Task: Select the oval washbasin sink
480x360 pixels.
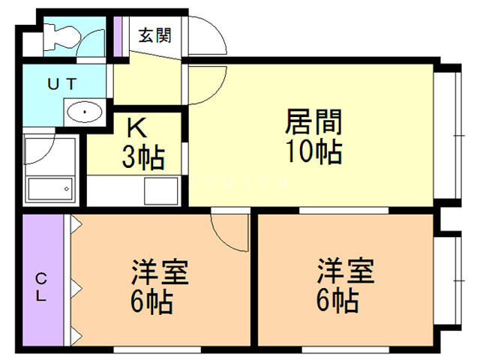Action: click(84, 113)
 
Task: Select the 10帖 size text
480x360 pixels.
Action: click(313, 152)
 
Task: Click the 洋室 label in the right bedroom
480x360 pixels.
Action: click(344, 271)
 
